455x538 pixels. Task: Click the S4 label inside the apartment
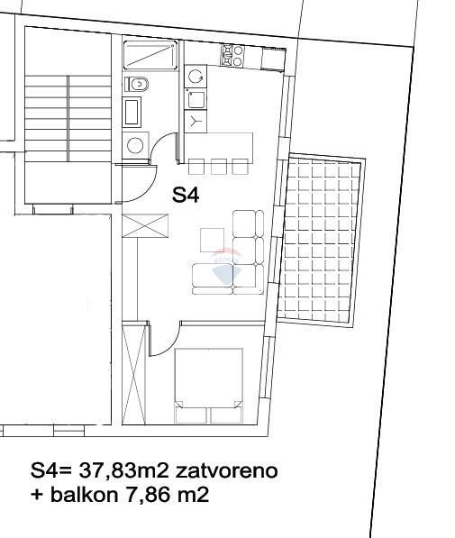coord(185,195)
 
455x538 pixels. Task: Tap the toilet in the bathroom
coord(138,86)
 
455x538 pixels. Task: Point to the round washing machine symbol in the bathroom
coord(136,143)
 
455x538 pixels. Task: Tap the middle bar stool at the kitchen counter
coord(217,166)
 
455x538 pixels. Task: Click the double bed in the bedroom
coord(208,383)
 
